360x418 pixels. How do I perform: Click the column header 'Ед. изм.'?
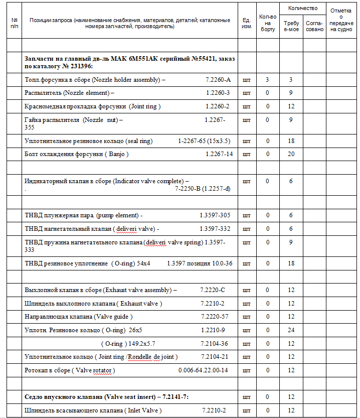tap(246, 23)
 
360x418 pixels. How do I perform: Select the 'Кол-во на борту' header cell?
tap(268, 23)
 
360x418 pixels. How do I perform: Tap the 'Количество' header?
tap(303, 8)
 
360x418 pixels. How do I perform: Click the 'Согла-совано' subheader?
tap(314, 26)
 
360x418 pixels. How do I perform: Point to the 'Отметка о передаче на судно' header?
tap(341, 20)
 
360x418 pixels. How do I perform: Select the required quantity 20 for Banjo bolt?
tap(291, 154)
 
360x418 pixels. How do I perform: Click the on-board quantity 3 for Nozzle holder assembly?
tap(268, 80)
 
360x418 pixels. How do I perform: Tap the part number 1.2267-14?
tap(219, 154)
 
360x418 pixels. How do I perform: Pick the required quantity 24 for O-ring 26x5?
tap(291, 330)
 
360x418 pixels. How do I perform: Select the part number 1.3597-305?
tap(215, 215)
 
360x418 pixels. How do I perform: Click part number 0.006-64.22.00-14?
tap(203, 370)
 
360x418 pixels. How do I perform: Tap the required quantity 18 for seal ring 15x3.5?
tap(291, 141)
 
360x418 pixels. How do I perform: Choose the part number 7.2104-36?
tap(214, 343)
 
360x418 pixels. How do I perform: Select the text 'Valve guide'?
tap(116, 317)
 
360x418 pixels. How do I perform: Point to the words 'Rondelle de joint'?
tap(152, 357)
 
